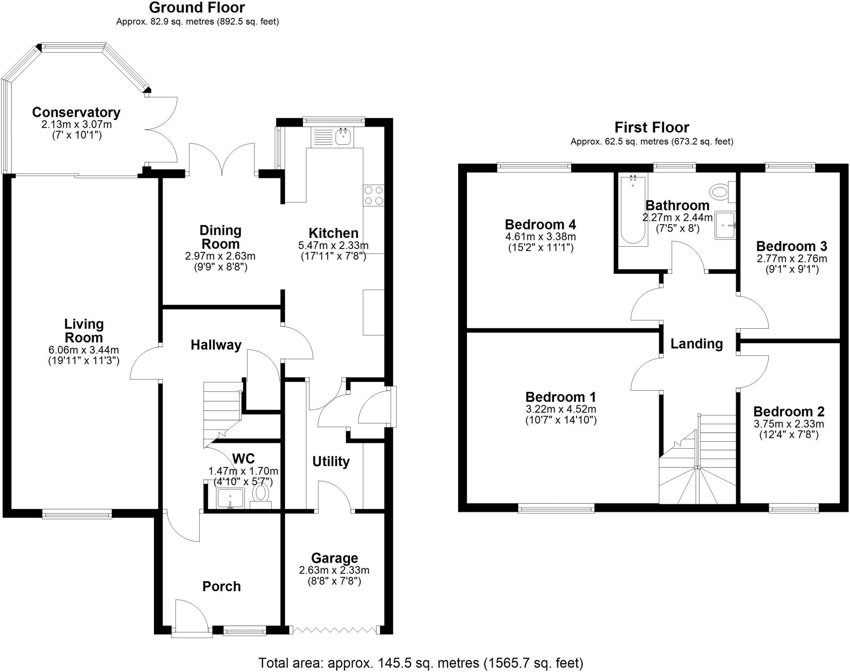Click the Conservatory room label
[76, 112]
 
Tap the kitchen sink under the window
[343, 137]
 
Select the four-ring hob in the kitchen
[373, 195]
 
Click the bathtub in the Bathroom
[633, 210]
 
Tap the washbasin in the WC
[230, 498]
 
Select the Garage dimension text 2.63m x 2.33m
[334, 570]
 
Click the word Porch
[221, 586]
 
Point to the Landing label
[696, 344]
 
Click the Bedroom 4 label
[540, 225]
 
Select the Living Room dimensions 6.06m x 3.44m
[83, 350]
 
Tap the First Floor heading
[652, 127]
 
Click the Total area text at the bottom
[420, 663]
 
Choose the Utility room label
[331, 461]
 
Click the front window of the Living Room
[77, 515]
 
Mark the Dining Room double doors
[222, 160]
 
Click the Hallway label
[216, 345]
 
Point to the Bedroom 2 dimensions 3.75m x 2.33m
[789, 424]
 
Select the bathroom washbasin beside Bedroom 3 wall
[725, 226]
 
